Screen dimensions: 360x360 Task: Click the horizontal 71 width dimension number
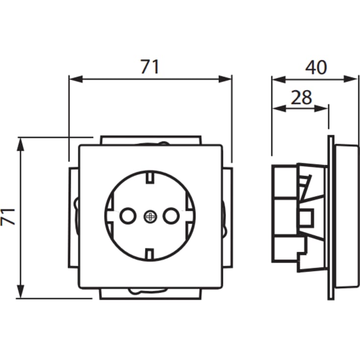click(x=150, y=67)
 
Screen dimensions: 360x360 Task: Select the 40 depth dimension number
click(x=315, y=67)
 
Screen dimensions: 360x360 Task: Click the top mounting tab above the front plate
click(x=150, y=140)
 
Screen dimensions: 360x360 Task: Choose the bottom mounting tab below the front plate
click(x=150, y=294)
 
